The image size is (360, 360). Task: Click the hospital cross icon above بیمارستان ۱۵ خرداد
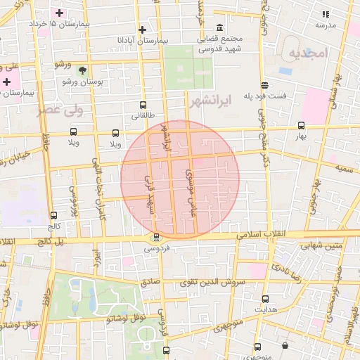point(60,13)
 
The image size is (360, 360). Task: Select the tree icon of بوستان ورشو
point(84,70)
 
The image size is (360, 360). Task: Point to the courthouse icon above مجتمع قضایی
point(220,28)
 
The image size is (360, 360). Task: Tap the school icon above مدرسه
point(325,13)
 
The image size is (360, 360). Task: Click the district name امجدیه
point(308,53)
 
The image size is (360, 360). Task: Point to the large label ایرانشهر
point(210,100)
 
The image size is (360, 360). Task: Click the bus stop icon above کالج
point(54,216)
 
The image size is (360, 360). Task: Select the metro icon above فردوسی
point(156,237)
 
